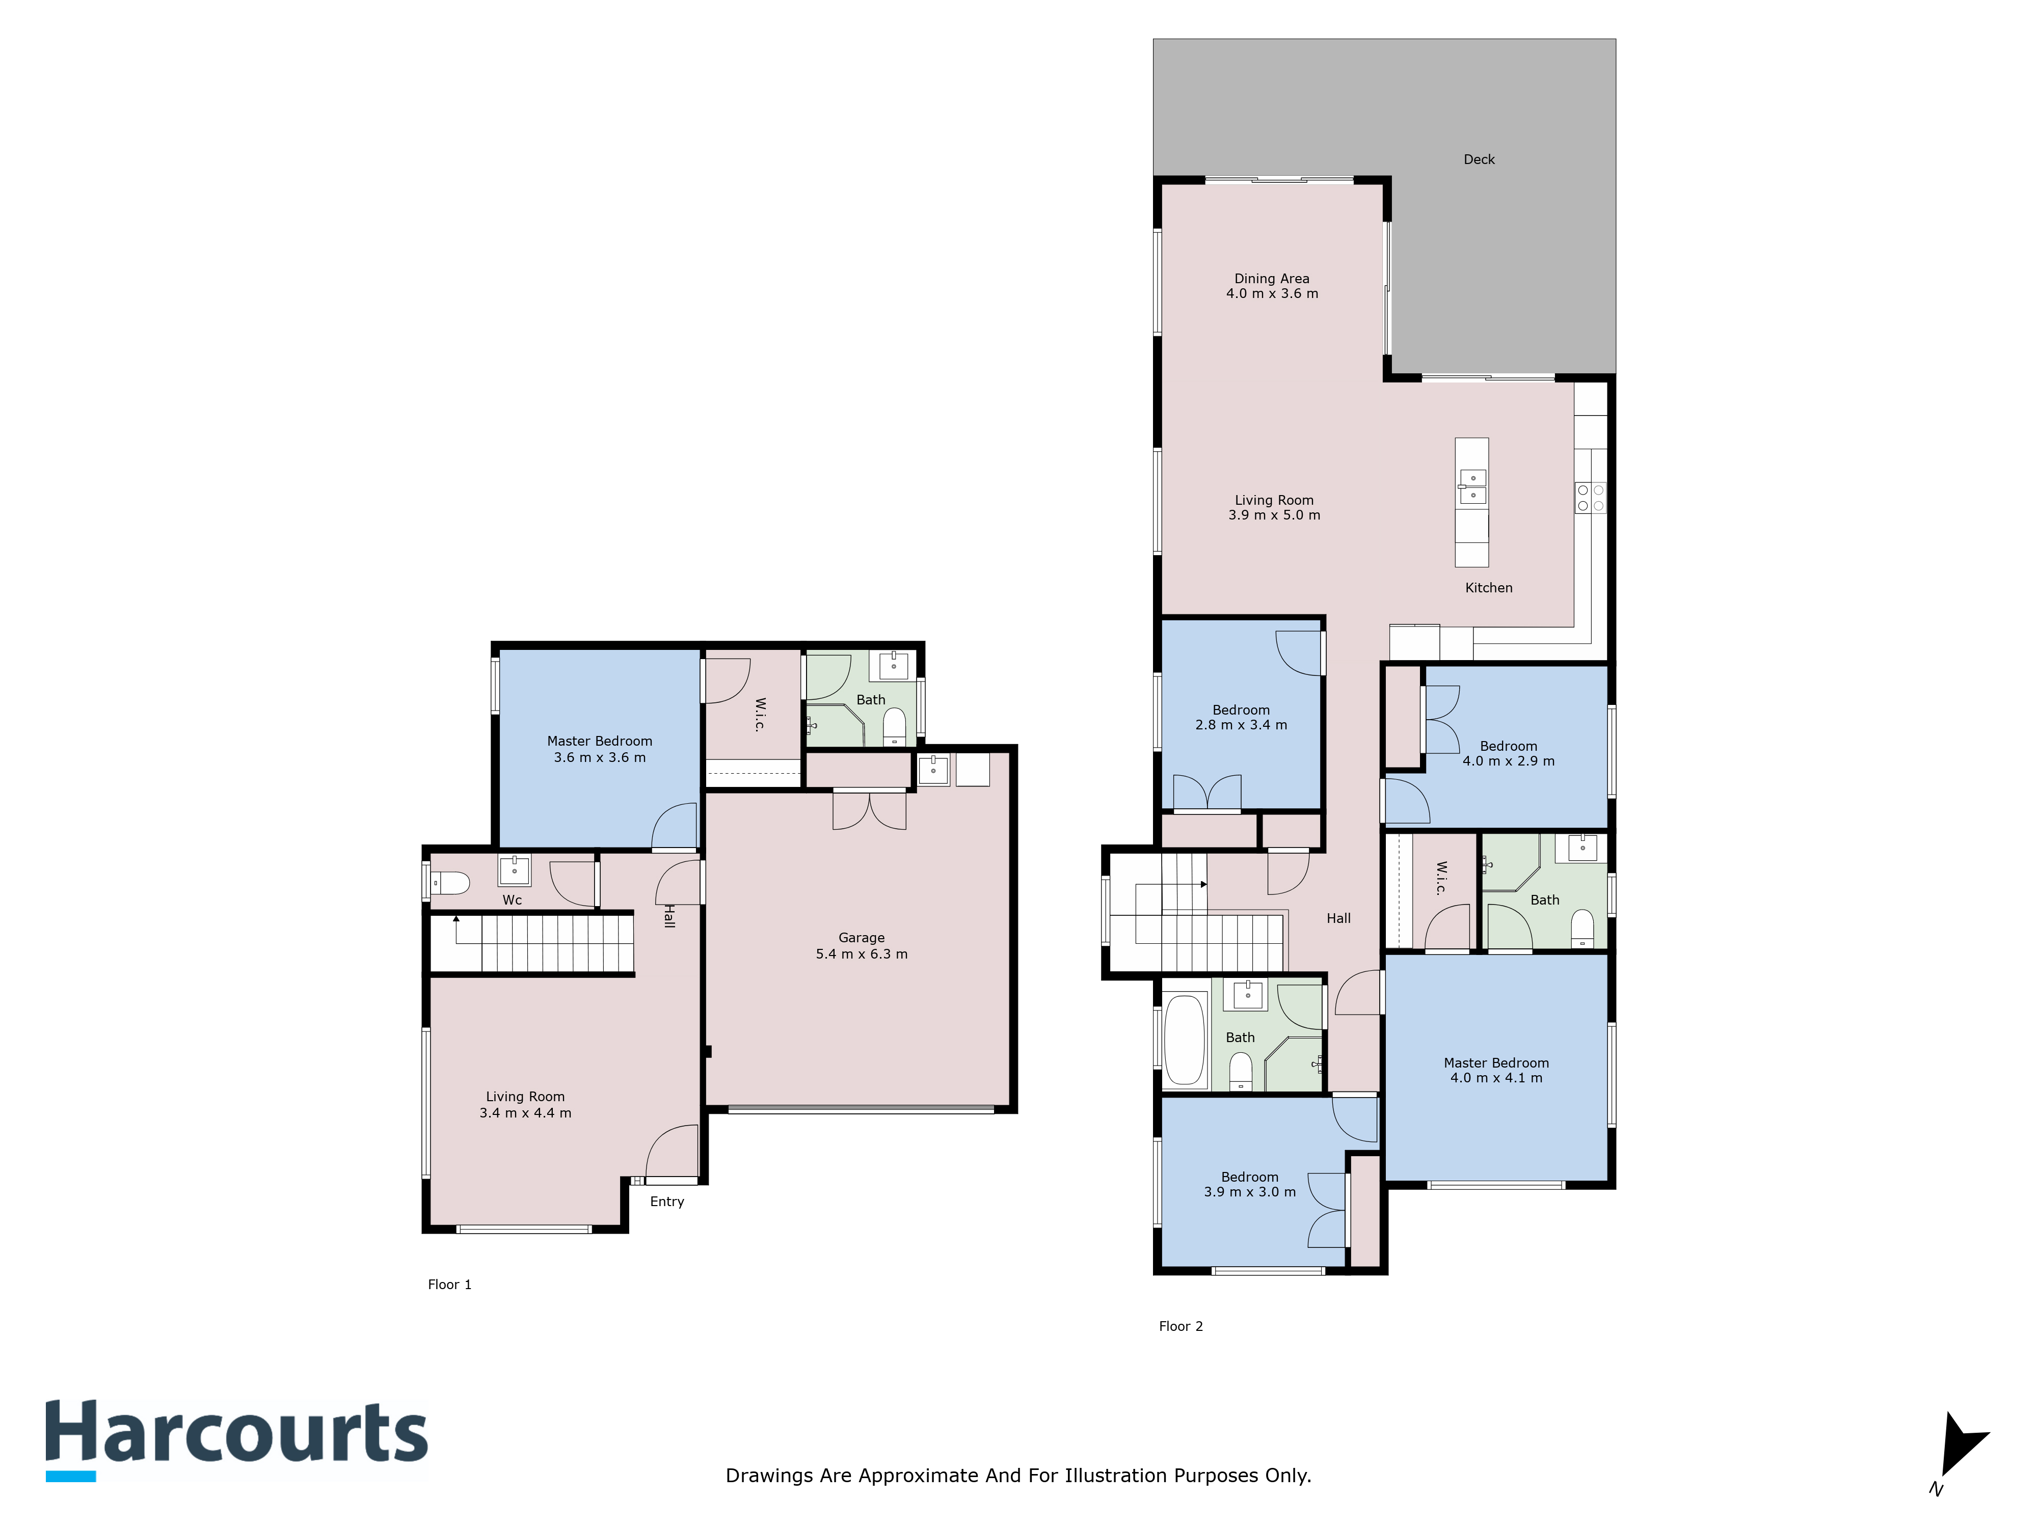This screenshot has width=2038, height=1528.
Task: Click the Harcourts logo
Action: (x=237, y=1439)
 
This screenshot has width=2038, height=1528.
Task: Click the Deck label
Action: (x=1479, y=159)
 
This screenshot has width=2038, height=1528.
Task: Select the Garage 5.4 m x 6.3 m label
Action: (x=862, y=946)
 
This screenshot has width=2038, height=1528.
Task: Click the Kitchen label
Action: (x=1489, y=588)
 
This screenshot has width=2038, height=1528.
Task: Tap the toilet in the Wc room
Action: (x=451, y=883)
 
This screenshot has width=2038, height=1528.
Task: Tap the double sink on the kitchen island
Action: (x=1472, y=486)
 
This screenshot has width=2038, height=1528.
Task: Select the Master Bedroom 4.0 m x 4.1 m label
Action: (x=1496, y=1070)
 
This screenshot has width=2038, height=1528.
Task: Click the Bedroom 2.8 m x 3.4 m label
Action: (x=1241, y=718)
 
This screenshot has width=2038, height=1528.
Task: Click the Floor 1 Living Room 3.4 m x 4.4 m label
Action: (x=525, y=1104)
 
